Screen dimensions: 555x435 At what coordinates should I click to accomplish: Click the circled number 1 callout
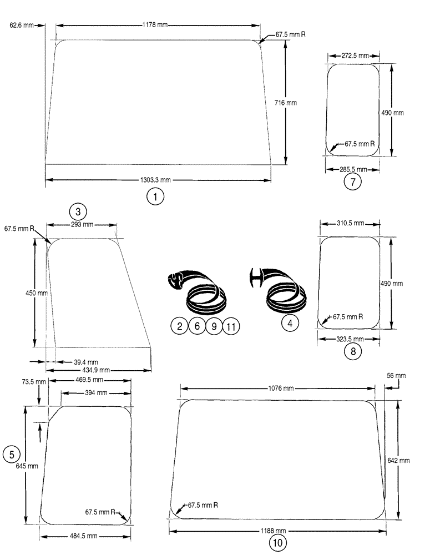tap(155, 196)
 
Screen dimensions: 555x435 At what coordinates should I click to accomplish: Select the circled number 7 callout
tap(353, 181)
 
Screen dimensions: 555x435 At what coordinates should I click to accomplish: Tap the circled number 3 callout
tap(78, 211)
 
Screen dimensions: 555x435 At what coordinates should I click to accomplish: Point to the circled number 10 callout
tap(277, 543)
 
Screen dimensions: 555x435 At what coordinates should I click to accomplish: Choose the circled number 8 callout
tap(352, 351)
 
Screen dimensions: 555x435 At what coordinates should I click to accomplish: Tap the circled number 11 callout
tap(231, 327)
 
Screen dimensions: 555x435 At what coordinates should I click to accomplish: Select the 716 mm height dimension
tap(286, 103)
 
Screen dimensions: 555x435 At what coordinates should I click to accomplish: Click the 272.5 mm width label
tap(355, 56)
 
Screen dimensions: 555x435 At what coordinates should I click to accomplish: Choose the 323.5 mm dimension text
tap(349, 338)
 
